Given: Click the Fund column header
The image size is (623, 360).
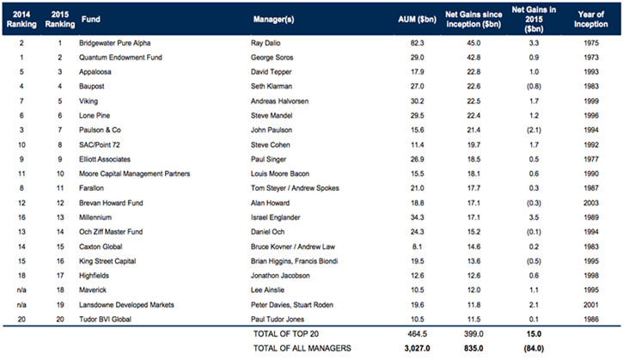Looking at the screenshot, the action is (90, 19).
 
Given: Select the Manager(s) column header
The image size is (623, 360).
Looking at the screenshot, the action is (274, 19).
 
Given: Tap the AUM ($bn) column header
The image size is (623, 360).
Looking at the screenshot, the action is (417, 19).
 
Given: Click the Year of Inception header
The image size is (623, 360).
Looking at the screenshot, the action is (591, 19).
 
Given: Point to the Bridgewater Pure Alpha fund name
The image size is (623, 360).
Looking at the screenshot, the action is (114, 43).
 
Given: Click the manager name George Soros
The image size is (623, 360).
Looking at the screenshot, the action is (272, 58).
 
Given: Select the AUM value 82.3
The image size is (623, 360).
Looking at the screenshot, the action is (417, 43).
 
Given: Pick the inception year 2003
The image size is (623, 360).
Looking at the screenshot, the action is (591, 203).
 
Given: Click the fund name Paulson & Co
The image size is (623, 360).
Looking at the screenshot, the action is (100, 130).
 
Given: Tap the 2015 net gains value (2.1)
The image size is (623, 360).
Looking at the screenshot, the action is (534, 130).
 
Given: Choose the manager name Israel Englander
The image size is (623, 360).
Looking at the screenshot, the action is (275, 217).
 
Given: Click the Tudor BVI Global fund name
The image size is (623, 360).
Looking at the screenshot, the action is (105, 319).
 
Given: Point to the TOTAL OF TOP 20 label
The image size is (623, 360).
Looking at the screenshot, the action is (286, 333).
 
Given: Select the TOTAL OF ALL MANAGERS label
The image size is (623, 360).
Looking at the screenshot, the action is (302, 348).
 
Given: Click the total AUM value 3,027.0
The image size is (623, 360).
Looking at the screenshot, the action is (417, 348).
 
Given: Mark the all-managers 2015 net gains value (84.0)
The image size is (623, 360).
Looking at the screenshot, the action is (534, 348).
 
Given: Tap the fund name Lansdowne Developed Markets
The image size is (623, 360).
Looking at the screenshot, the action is (126, 305).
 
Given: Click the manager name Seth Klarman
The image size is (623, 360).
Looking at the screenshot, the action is (272, 86).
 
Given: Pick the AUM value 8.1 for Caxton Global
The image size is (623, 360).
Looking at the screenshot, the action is (417, 247).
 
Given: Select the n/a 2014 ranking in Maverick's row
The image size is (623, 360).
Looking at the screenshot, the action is (21, 290).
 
